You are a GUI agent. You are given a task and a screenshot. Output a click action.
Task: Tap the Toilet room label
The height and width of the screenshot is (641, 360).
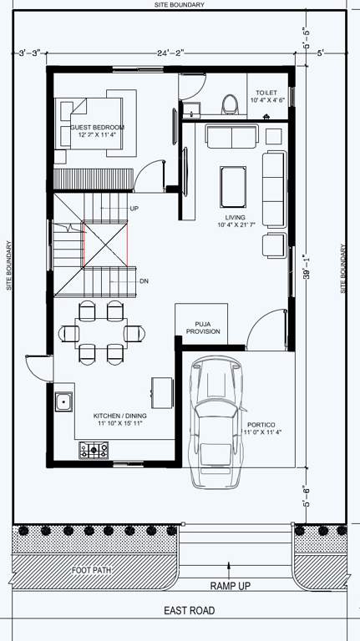[x=270, y=96]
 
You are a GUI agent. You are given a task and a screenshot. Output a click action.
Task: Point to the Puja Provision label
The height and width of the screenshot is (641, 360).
[x=207, y=327]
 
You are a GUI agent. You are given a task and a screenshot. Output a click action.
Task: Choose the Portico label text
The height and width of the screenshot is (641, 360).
[x=265, y=428]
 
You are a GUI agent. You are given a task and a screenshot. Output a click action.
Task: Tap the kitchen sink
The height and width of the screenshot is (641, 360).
[x=63, y=402]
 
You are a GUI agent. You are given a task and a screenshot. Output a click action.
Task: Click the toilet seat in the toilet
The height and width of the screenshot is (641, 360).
[x=230, y=103]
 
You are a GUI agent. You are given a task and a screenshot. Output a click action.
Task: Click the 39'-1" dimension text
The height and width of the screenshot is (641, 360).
[x=307, y=268]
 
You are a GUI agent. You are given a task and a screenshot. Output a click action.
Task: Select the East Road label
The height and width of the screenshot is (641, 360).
[x=190, y=611]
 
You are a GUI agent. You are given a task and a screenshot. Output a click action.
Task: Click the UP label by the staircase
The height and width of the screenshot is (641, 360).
[x=134, y=208]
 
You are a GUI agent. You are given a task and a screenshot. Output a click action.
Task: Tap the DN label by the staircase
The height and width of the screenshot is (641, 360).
[x=144, y=281]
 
